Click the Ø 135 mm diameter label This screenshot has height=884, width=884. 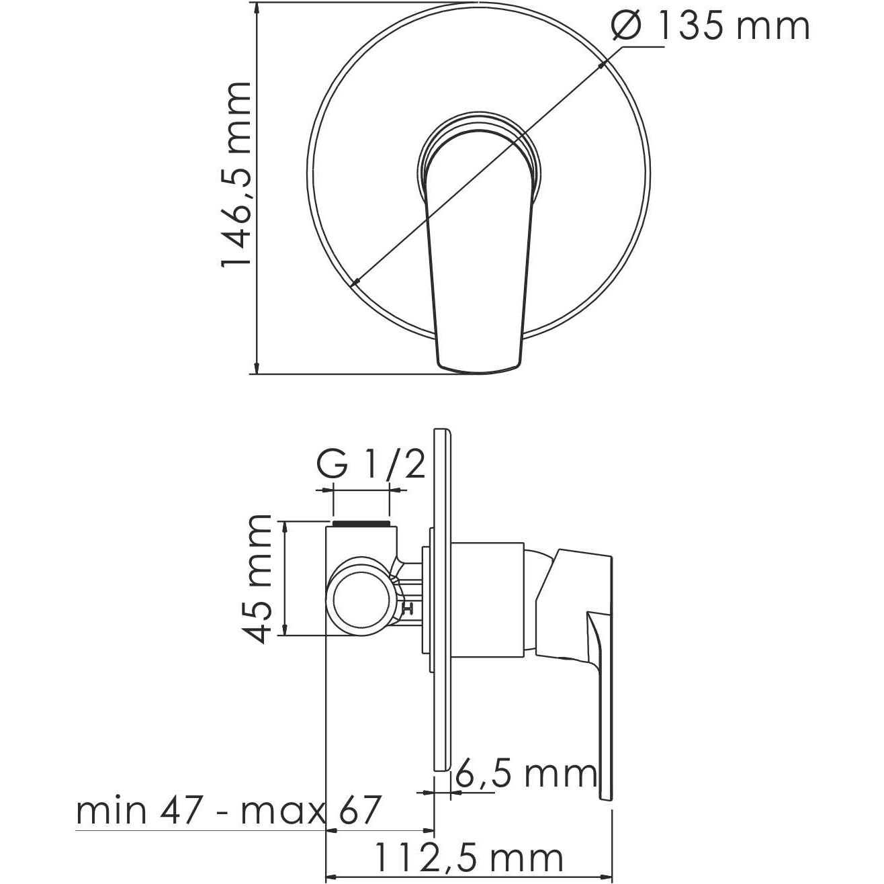[711, 27]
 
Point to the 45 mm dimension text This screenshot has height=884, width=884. [258, 579]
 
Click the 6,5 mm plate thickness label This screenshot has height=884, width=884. [525, 774]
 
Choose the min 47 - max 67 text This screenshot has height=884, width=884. [228, 811]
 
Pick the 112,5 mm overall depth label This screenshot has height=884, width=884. [468, 858]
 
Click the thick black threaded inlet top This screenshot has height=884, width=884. [361, 522]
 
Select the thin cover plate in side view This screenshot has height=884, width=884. [441, 598]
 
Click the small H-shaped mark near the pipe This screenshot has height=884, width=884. [407, 609]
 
